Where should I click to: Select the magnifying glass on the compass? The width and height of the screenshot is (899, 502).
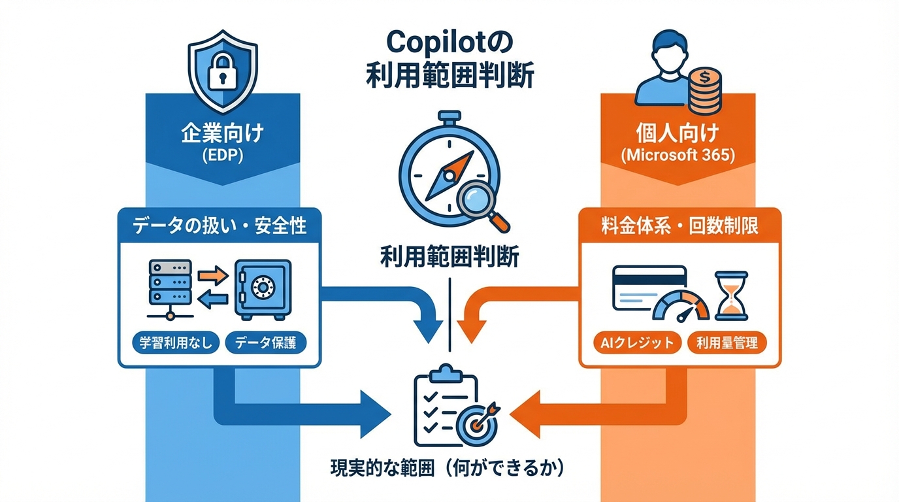(483, 204)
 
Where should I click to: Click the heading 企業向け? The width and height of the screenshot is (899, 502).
(222, 133)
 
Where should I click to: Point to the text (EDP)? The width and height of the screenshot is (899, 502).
(222, 158)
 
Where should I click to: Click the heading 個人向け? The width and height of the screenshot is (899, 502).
(678, 133)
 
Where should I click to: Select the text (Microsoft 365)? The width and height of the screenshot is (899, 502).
(678, 158)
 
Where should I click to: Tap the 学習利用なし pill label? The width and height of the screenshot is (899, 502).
(176, 343)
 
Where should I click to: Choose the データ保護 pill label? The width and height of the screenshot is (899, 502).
(265, 343)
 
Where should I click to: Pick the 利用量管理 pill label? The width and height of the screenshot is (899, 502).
(727, 343)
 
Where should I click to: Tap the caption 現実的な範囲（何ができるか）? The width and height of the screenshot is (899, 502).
(448, 469)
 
